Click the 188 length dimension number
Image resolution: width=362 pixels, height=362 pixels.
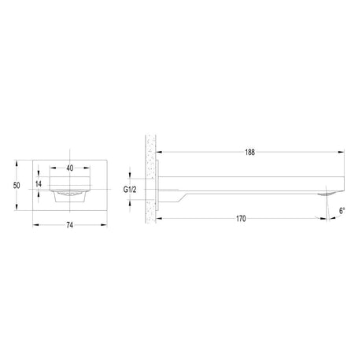tap(249, 153)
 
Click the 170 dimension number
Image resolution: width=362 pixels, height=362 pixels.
tap(241, 219)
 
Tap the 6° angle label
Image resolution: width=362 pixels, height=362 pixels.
tap(342, 211)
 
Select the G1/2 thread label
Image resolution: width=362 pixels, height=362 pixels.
tap(130, 190)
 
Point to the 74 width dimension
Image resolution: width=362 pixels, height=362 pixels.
tap(69, 225)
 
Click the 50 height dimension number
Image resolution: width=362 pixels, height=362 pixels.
tap(17, 185)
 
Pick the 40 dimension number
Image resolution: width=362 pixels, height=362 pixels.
tap(70, 168)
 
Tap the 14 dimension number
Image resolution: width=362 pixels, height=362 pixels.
tap(39, 184)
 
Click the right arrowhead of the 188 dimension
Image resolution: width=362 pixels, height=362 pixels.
tap(341, 152)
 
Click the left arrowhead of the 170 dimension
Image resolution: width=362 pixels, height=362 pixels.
tap(160, 218)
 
